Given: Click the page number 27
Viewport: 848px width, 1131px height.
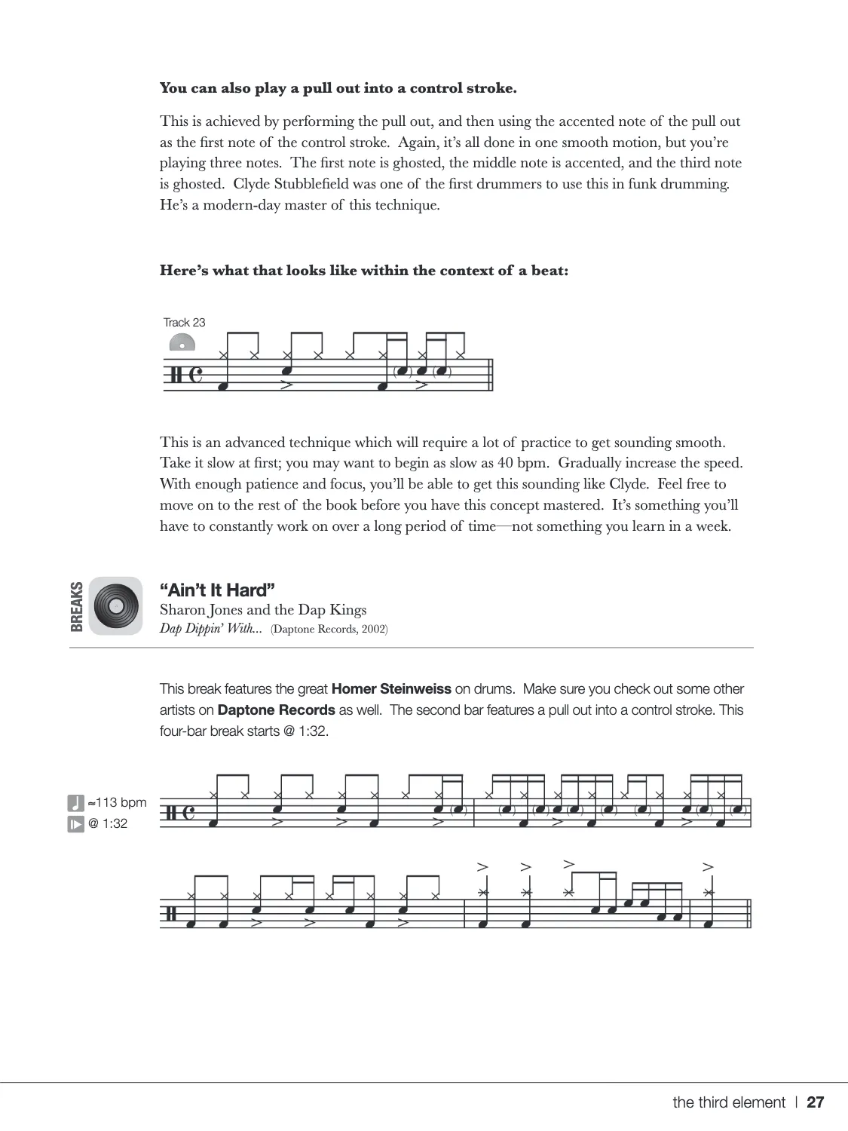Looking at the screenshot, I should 816,1102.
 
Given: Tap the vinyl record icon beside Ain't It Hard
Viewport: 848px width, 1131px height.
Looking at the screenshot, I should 115,605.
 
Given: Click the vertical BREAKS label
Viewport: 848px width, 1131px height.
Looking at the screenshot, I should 76,605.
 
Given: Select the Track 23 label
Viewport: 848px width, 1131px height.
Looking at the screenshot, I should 184,323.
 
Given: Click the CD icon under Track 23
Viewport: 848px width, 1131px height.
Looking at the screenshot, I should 182,343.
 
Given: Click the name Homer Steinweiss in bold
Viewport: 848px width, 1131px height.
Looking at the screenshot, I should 391,688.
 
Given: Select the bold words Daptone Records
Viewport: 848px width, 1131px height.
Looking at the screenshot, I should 276,710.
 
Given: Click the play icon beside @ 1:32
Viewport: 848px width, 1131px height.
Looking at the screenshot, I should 75,823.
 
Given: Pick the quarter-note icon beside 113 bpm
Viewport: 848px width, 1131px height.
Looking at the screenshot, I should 75,802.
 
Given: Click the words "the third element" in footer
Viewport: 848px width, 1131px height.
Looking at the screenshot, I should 728,1102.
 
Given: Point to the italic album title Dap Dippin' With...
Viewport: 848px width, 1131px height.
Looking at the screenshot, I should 210,629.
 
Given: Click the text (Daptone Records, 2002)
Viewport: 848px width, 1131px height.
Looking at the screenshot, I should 329,629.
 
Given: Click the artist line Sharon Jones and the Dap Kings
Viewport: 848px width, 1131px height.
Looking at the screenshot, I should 263,610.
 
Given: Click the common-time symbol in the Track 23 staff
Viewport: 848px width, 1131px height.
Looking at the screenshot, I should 196,375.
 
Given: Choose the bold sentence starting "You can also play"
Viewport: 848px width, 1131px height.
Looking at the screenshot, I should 338,88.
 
